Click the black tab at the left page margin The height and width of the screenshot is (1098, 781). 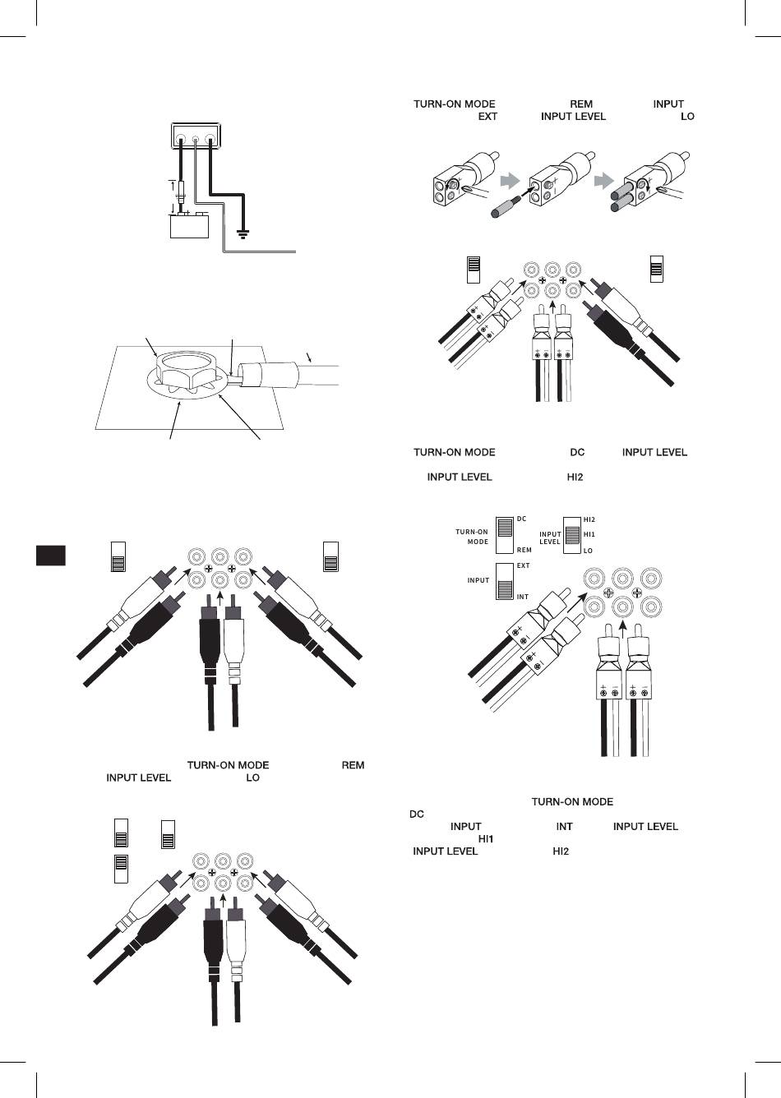point(51,554)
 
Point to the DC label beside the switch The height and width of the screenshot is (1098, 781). point(522,519)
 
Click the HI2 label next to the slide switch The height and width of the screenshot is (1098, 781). point(589,519)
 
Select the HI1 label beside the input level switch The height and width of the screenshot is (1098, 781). point(589,535)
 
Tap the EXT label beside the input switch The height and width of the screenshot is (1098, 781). point(523,566)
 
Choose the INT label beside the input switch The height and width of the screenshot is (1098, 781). point(523,597)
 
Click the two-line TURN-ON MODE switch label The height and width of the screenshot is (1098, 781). point(472,537)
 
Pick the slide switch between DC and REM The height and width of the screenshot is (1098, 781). point(504,535)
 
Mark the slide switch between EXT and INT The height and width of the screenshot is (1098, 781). point(504,582)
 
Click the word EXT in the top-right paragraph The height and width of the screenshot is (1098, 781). point(488,117)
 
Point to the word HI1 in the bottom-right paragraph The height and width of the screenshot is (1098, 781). point(485,839)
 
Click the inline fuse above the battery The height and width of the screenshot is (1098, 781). point(182,196)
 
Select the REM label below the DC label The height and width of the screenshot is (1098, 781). point(525,551)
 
